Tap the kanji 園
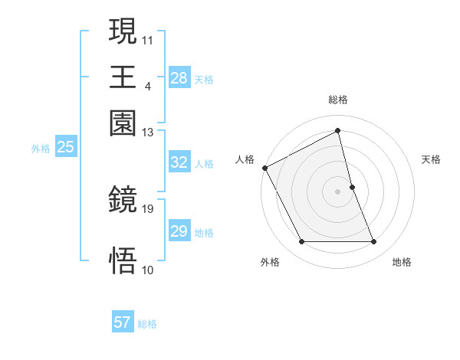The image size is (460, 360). (123, 123)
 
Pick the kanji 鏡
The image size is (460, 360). (123, 201)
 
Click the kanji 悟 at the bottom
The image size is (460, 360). (123, 260)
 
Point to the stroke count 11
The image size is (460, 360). (148, 38)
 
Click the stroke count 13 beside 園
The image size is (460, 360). (148, 133)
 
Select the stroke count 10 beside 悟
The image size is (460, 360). (148, 270)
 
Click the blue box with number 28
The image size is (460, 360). (179, 78)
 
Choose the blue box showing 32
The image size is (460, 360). (179, 163)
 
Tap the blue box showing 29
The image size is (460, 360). (179, 232)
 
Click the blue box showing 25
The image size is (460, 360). (65, 148)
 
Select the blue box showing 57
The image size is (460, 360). (122, 323)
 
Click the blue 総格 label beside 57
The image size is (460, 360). (147, 324)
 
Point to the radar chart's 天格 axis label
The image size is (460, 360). (431, 159)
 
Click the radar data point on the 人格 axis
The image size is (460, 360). (264, 168)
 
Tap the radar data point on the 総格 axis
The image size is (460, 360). (338, 131)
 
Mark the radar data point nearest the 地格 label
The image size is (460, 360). (374, 242)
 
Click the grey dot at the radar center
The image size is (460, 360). (338, 191)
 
